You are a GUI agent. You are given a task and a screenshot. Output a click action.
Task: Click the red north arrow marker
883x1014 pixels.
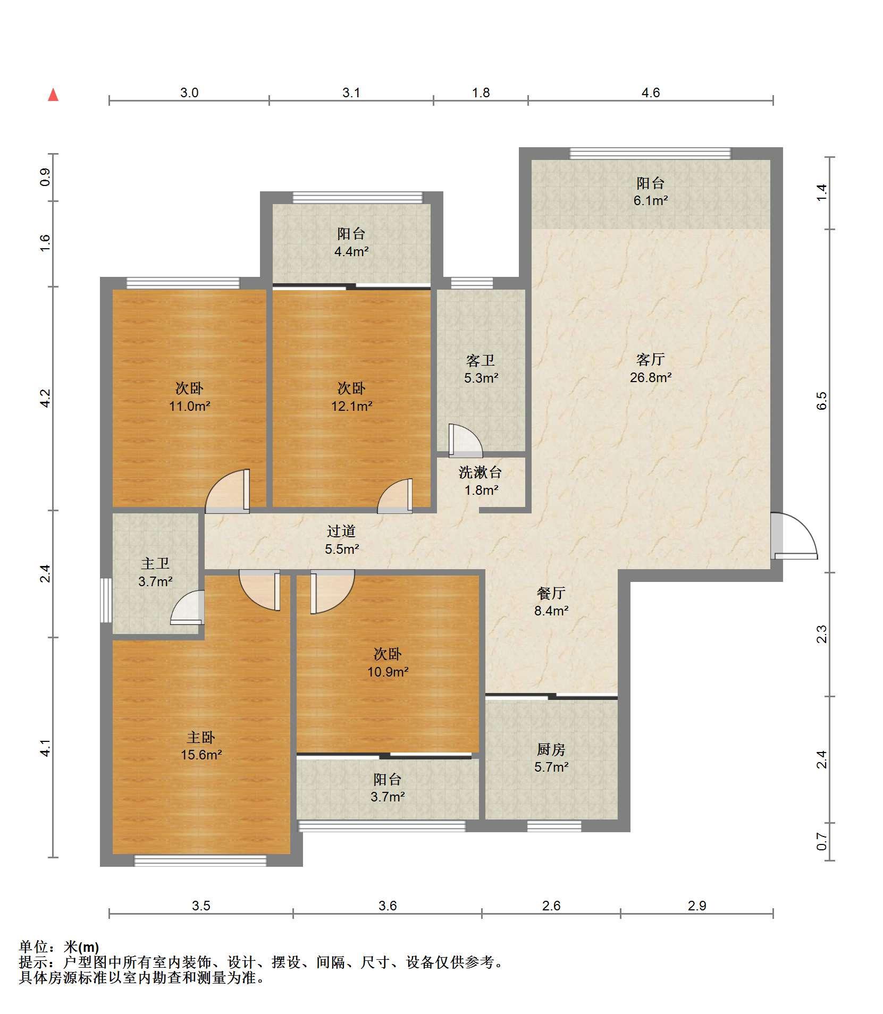[53, 95]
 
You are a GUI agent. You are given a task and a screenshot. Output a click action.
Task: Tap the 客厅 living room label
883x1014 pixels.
[650, 360]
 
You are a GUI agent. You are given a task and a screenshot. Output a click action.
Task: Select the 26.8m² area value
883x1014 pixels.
[651, 377]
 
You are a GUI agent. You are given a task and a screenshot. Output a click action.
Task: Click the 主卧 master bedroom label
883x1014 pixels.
[201, 737]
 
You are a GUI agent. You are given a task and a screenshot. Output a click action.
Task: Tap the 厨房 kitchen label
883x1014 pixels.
[551, 749]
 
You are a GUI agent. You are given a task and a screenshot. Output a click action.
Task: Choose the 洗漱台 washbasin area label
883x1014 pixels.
[481, 472]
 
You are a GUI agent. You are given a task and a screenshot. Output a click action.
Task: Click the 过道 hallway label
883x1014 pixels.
[341, 531]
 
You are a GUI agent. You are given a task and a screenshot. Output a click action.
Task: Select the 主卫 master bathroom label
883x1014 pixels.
[155, 563]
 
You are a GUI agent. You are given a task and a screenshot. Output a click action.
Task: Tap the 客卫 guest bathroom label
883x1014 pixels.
[481, 361]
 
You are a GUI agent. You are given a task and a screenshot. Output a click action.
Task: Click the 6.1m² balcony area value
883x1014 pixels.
[651, 200]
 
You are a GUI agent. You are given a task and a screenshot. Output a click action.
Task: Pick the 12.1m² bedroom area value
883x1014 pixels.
[351, 406]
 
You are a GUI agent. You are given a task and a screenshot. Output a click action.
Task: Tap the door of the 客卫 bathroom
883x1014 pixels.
[465, 441]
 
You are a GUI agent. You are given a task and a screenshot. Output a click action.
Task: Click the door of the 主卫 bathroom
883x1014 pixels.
[188, 607]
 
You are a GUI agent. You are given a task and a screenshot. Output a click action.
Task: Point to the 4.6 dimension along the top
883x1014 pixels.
[651, 92]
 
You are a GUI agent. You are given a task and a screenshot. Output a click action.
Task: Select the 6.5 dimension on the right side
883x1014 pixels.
[822, 400]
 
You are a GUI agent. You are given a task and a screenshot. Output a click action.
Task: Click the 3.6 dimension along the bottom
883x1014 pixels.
[388, 905]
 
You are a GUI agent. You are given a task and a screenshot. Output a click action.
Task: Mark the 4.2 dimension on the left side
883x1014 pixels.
[46, 398]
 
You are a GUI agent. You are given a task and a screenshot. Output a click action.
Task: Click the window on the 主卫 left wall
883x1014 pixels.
[106, 600]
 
